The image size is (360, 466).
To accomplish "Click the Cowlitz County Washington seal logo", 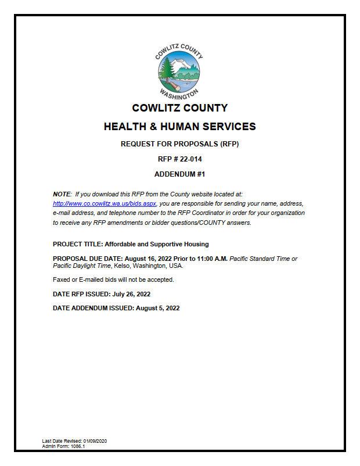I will (x=179, y=71).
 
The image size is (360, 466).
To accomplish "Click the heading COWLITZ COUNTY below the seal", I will (x=179, y=108).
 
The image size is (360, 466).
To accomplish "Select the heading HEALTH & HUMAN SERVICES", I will (x=179, y=127).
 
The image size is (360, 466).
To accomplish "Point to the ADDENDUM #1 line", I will (x=179, y=174).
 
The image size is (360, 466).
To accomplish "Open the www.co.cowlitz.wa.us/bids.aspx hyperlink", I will (x=105, y=204).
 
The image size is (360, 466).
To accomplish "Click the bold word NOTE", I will (x=62, y=193).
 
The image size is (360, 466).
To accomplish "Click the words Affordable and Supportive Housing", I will (x=157, y=244).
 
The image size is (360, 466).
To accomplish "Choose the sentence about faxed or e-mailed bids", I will (x=113, y=279).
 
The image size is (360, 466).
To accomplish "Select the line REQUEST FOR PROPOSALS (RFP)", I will (x=179, y=144).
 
